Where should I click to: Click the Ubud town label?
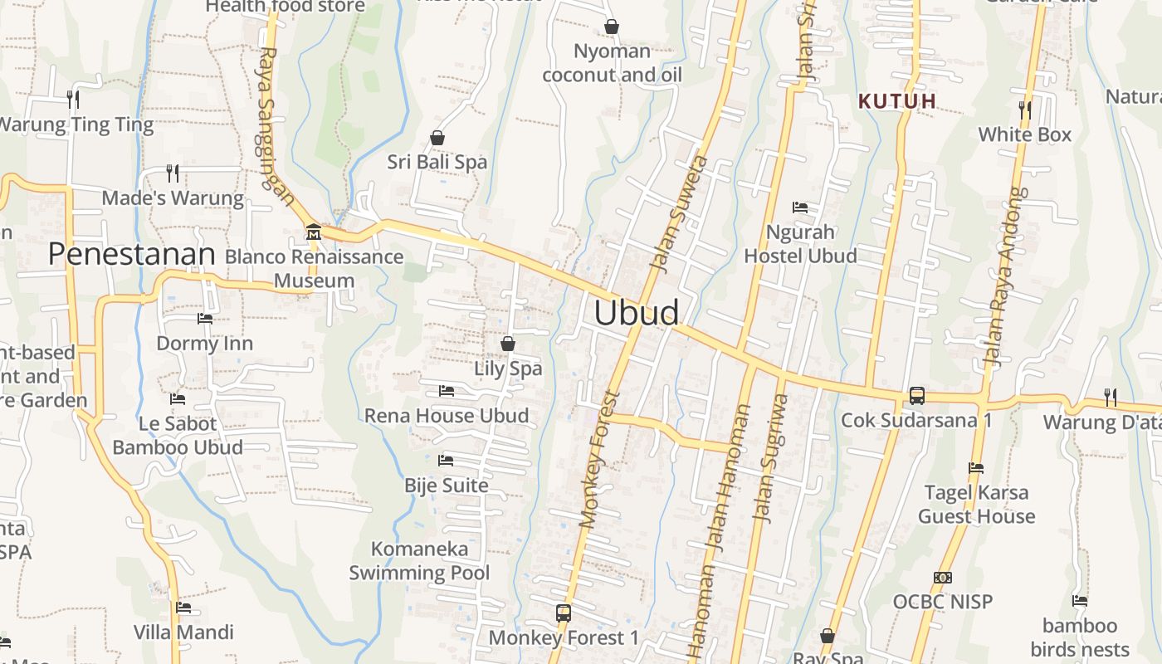(x=637, y=313)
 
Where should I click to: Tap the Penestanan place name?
(x=131, y=254)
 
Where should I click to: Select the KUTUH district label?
(x=897, y=101)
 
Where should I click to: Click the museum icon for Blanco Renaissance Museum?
(x=314, y=232)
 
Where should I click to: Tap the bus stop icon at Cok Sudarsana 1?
(x=916, y=396)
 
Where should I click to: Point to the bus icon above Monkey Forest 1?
(x=564, y=613)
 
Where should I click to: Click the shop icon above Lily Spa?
(x=508, y=344)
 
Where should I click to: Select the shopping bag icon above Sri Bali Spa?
(x=437, y=138)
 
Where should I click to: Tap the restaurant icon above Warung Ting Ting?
(x=73, y=100)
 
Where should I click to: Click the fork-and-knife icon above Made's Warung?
(x=173, y=173)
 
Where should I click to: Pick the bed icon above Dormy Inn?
(x=204, y=319)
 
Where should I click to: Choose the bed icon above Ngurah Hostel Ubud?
(x=800, y=207)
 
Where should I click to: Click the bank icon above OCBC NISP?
(x=942, y=578)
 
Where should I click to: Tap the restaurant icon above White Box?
(x=1024, y=110)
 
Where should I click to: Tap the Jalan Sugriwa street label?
(x=771, y=456)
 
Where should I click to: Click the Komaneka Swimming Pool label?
(x=419, y=560)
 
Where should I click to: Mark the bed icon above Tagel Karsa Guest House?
(x=976, y=468)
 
